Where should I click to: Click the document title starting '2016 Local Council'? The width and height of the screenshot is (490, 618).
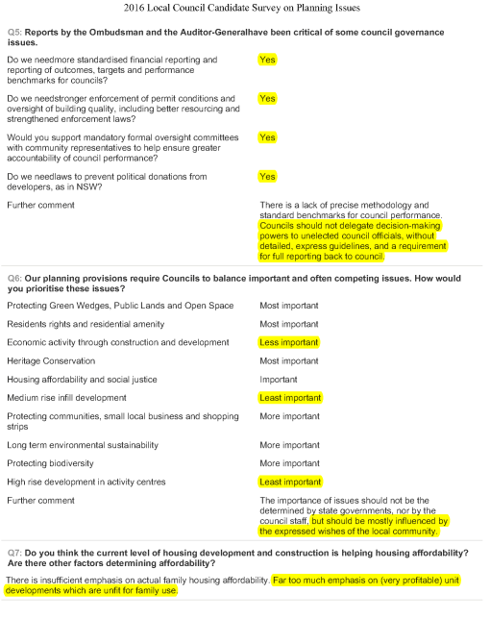[x=245, y=10]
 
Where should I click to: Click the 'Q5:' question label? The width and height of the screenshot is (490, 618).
[x=16, y=33]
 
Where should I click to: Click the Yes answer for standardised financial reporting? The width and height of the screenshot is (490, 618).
[x=267, y=60]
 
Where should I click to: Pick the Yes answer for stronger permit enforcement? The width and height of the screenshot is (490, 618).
[x=267, y=98]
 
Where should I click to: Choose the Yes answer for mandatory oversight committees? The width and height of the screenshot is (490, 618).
[x=267, y=137]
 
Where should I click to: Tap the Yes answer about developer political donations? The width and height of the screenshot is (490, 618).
[x=267, y=176]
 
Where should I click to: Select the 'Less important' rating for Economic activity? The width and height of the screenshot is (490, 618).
[x=289, y=342]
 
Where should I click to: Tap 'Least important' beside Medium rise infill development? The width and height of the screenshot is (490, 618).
[x=291, y=397]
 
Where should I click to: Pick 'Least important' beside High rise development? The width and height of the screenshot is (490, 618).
[x=291, y=482]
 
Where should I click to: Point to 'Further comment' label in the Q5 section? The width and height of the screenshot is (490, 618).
[x=40, y=206]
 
